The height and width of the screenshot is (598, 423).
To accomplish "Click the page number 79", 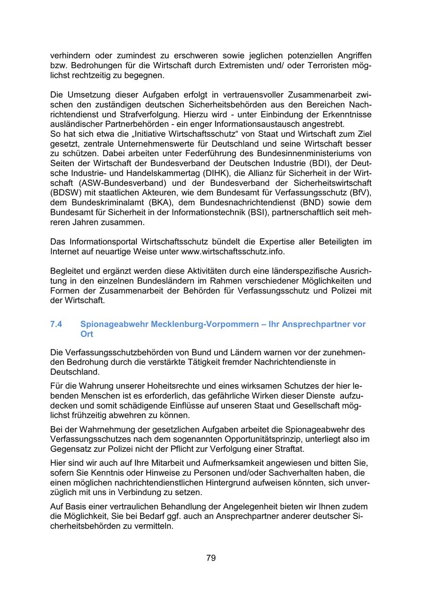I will point(211,558).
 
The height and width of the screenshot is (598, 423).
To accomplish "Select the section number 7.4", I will point(56,324).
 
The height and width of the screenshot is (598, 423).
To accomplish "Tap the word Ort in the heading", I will point(87,334).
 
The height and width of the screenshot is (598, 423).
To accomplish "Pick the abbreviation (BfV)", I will point(359,192).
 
